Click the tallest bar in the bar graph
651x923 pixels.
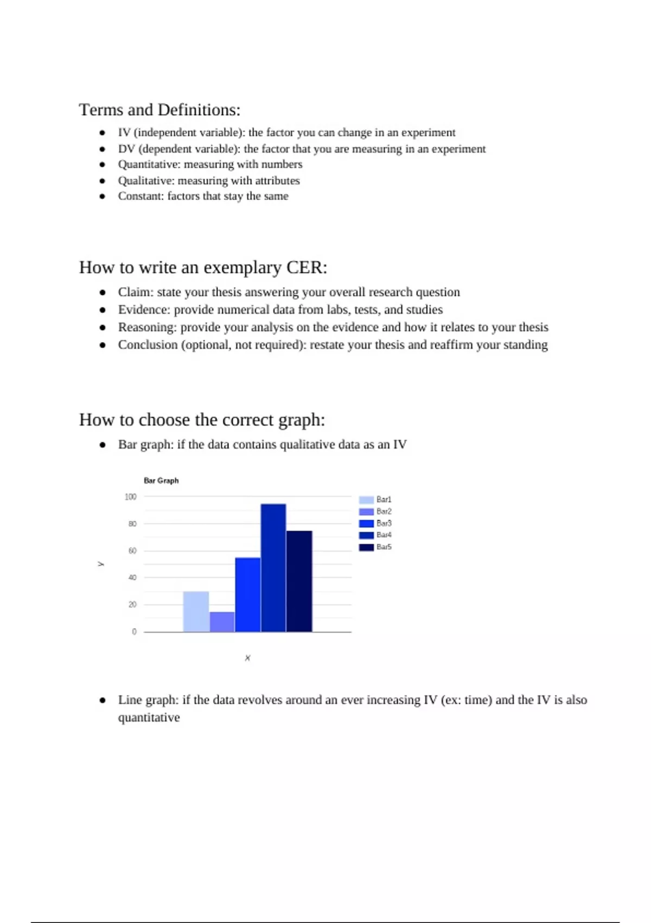[x=273, y=567]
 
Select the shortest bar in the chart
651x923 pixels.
[x=222, y=622]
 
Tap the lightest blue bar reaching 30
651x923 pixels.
[x=196, y=611]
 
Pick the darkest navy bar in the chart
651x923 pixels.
[x=299, y=581]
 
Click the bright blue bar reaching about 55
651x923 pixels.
[x=247, y=595]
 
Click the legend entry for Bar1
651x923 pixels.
[x=375, y=500]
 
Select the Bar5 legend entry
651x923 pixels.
[x=375, y=547]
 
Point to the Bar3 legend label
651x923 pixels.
[x=384, y=523]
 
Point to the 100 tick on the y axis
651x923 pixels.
[x=131, y=497]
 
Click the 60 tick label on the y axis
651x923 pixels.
[x=132, y=551]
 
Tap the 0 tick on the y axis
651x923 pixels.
[x=134, y=631]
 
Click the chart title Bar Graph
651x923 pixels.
[x=161, y=481]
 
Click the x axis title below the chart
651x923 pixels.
[x=247, y=658]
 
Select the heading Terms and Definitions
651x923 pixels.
[x=159, y=110]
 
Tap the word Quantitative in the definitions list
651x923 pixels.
[x=148, y=165]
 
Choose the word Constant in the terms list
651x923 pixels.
[x=140, y=196]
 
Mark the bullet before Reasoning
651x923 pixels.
[x=103, y=328]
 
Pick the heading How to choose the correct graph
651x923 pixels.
[x=202, y=420]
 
